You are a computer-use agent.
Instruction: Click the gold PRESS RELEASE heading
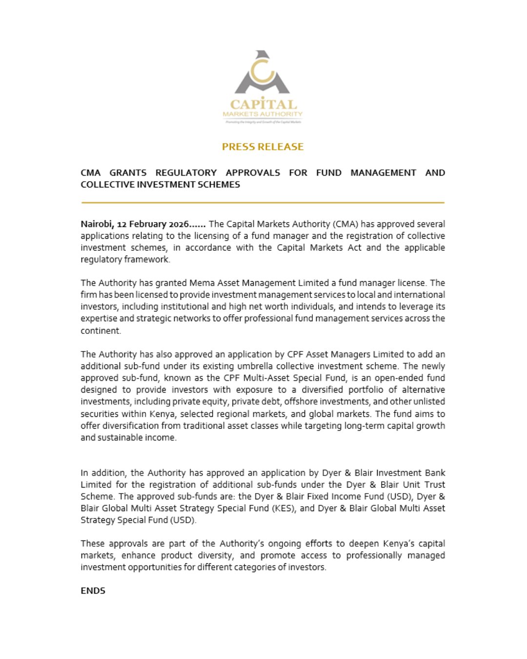tap(263, 146)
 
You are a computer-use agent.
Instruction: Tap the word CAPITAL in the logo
tap(263, 104)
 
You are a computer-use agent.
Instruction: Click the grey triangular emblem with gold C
tap(263, 73)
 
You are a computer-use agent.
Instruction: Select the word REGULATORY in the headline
tap(186, 173)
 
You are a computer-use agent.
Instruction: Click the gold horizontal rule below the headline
tap(263, 202)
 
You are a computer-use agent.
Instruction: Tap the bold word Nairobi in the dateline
tap(96, 224)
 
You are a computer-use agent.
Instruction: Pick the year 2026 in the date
tap(178, 224)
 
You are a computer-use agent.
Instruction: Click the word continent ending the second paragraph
tap(100, 330)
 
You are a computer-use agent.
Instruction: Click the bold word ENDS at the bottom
tap(93, 591)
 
